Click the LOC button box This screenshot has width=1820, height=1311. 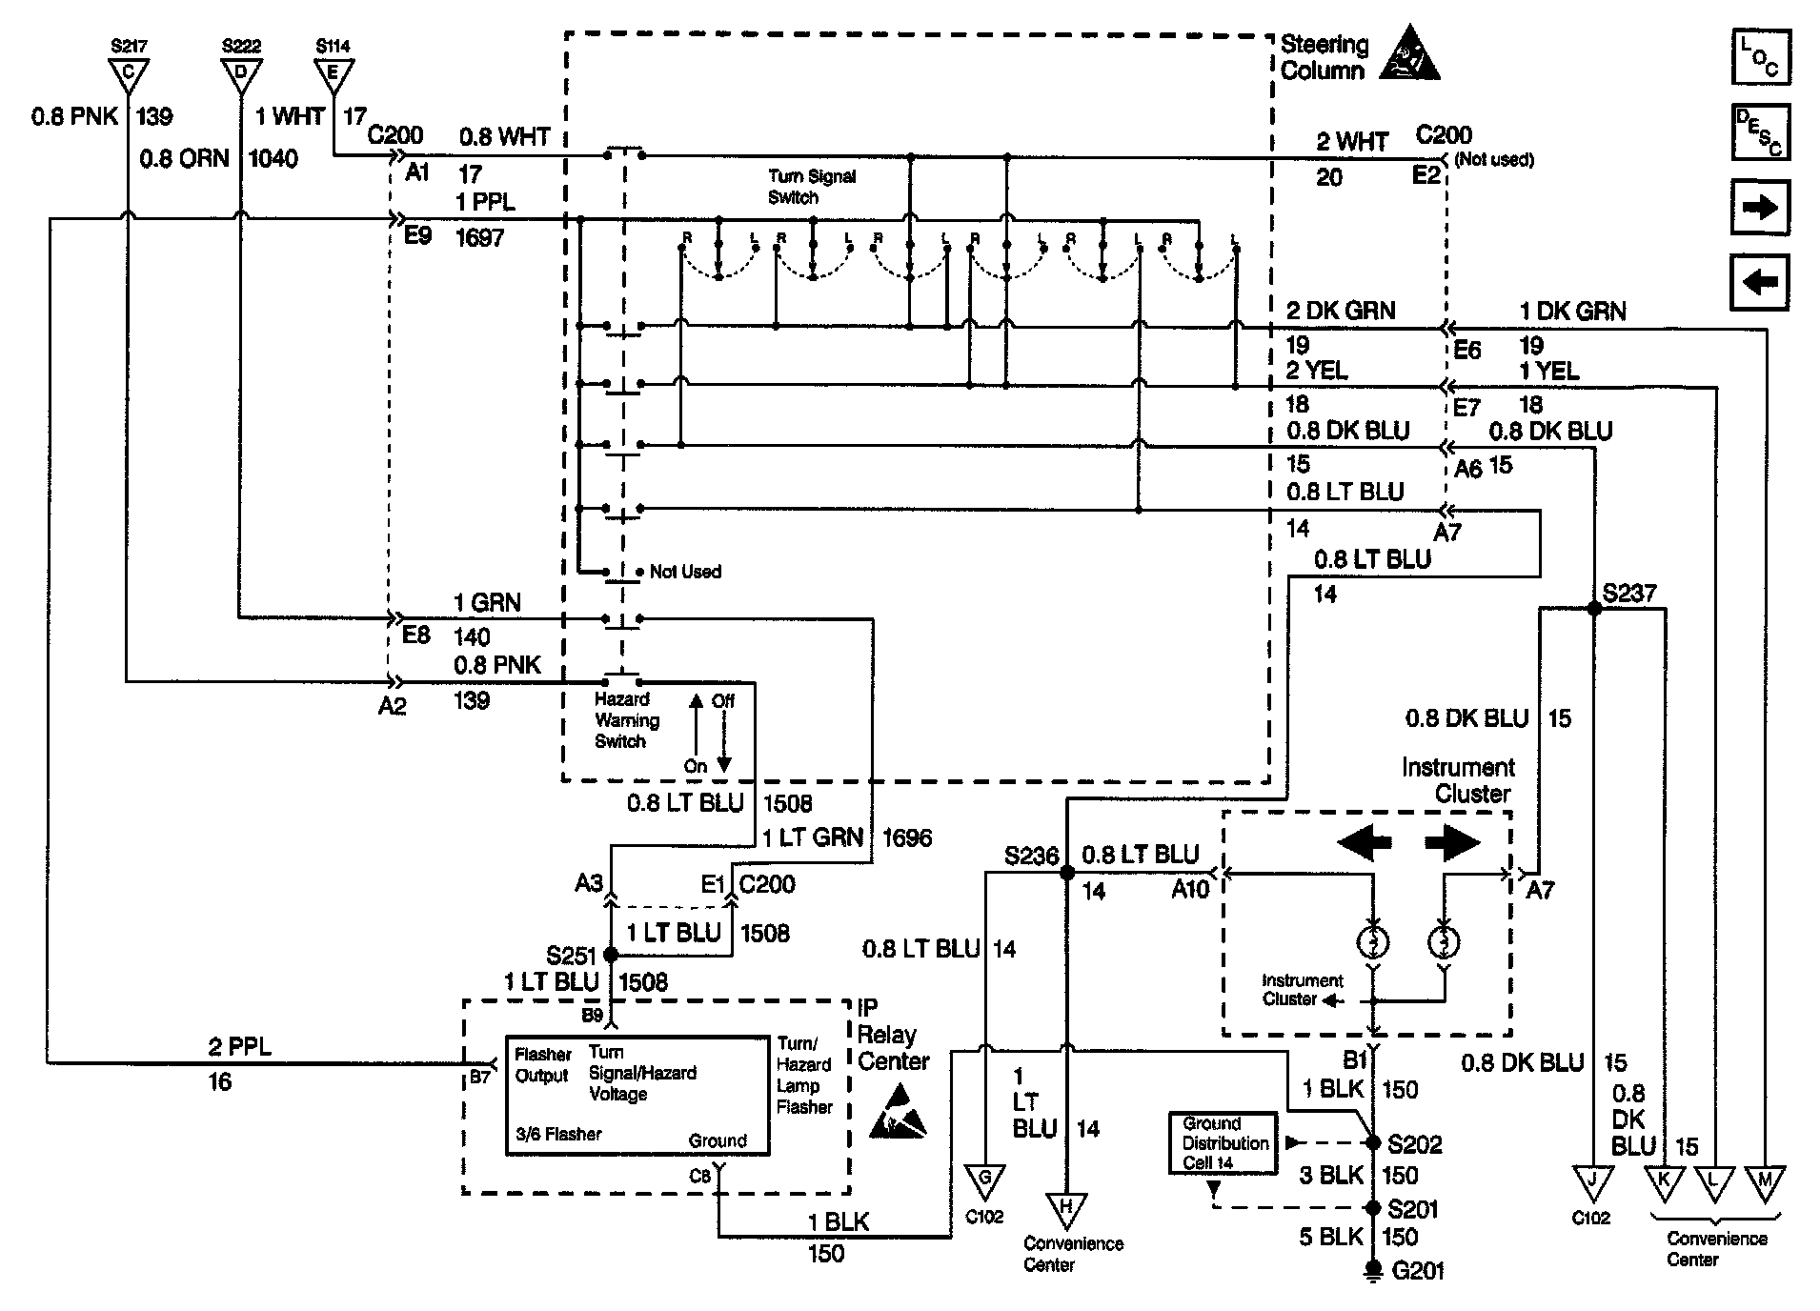point(1760,56)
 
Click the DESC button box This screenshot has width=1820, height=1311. point(1760,131)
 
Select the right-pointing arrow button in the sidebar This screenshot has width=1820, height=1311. point(1760,207)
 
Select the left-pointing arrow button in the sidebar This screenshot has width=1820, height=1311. point(1760,282)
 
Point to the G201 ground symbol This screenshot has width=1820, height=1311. point(1373,1271)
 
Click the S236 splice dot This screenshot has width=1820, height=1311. point(1067,872)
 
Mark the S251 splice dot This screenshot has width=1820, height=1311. point(611,954)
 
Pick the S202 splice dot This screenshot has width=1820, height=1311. point(1373,1142)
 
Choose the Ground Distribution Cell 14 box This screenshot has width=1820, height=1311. point(1224,1143)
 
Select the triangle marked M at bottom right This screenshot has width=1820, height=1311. point(1765,1181)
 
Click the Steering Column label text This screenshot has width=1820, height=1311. point(1325,57)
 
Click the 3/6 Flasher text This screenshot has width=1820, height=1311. point(558,1134)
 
